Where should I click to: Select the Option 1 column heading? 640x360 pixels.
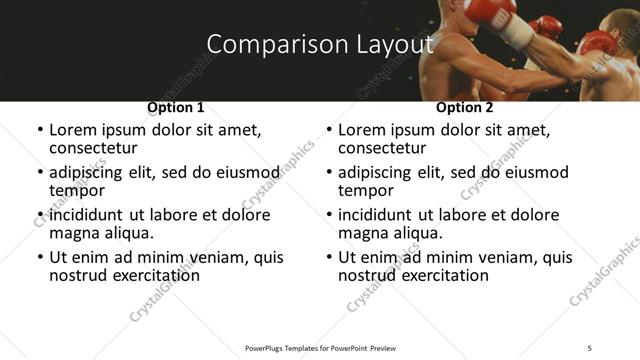point(176,107)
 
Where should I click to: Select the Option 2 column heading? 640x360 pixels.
point(465,107)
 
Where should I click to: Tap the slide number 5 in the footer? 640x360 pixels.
point(590,347)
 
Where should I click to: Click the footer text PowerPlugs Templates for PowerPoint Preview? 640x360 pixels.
point(320,347)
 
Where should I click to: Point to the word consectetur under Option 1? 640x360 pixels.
point(98,148)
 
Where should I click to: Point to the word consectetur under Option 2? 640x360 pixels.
point(387,148)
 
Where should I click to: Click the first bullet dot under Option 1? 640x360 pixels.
point(40,130)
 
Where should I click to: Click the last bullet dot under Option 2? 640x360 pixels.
point(329,258)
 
